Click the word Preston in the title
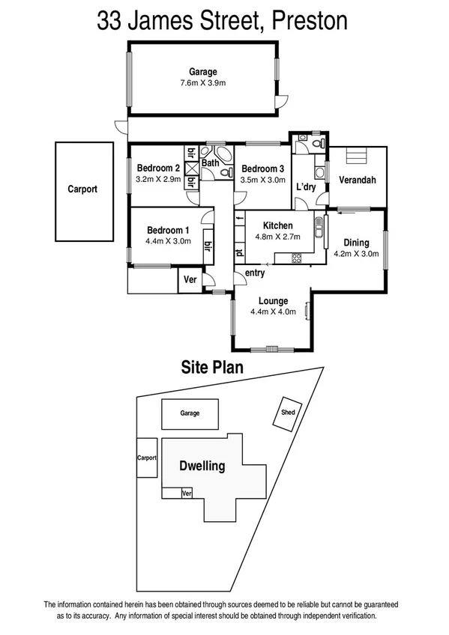(x=310, y=20)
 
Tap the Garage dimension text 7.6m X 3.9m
(x=204, y=83)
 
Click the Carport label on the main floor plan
(x=82, y=189)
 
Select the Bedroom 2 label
(x=157, y=168)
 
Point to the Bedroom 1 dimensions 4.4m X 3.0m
(x=168, y=241)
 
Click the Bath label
(x=210, y=162)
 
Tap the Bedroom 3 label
(x=262, y=168)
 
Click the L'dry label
(x=306, y=186)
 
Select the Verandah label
(x=357, y=180)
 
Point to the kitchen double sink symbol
(x=319, y=231)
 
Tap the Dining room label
(x=356, y=243)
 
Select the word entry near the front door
(x=255, y=273)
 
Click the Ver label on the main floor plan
(x=190, y=280)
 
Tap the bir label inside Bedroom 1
(x=207, y=246)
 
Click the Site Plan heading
(x=212, y=367)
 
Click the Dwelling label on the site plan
(x=202, y=466)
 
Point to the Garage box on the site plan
(x=190, y=413)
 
